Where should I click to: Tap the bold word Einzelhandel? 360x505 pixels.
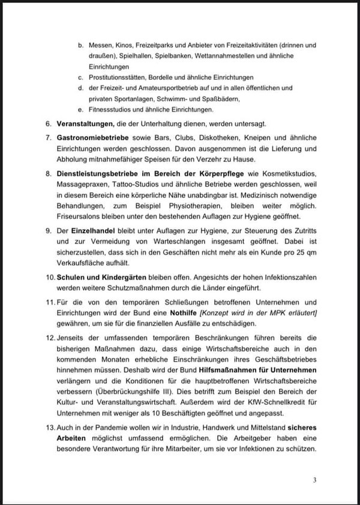(x=93, y=230)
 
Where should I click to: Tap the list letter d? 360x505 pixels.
(x=80, y=88)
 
